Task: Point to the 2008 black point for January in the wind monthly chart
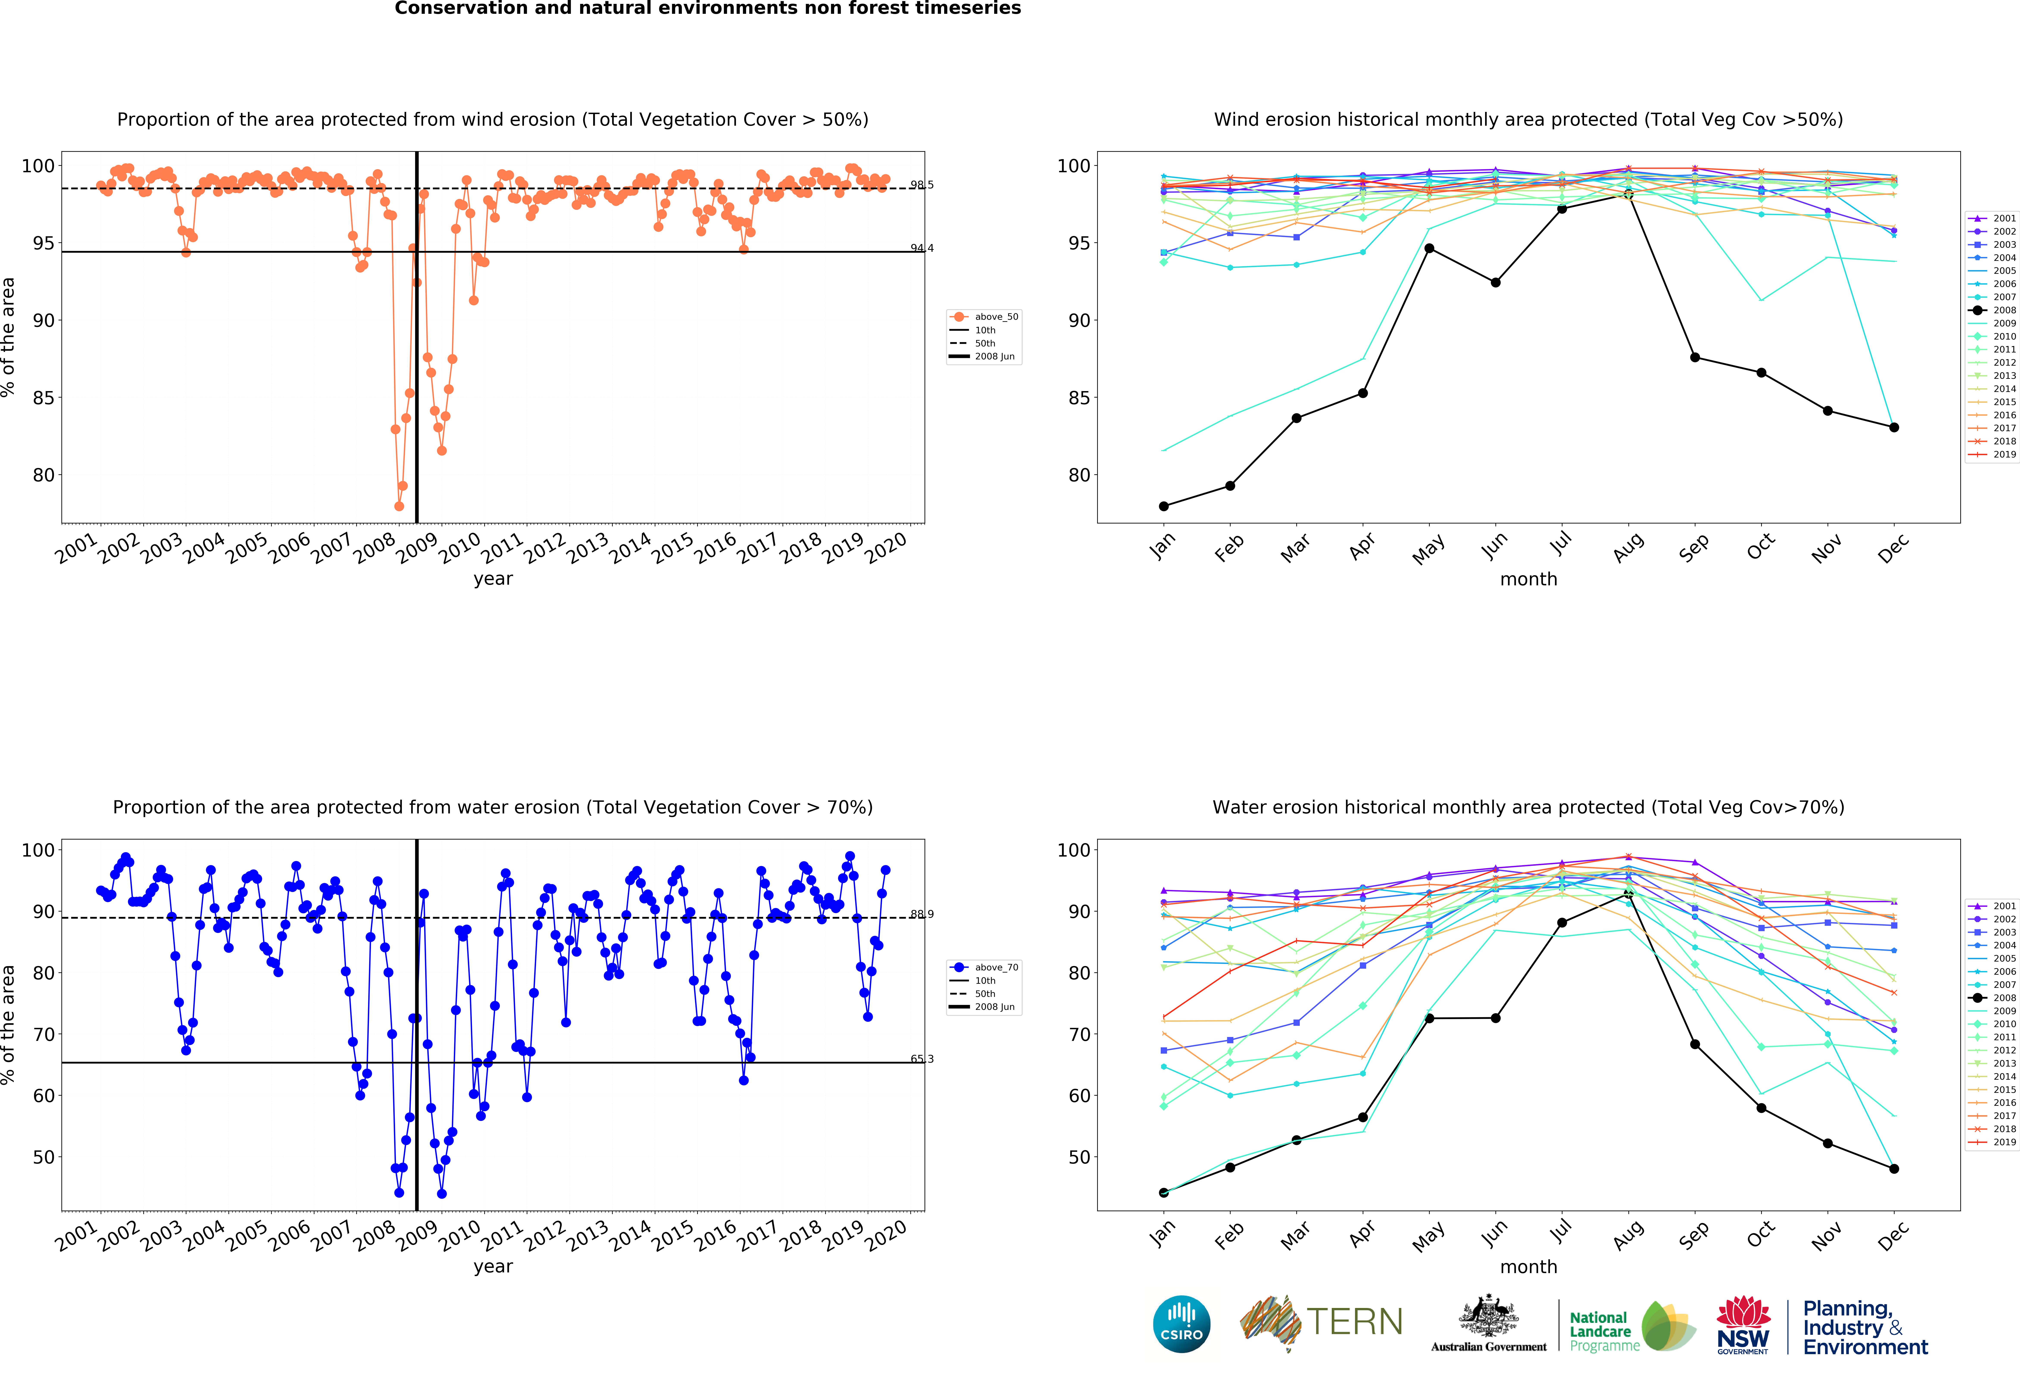click(x=1164, y=506)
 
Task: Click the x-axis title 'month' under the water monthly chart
click(x=1528, y=1267)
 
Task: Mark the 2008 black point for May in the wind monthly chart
click(x=1429, y=249)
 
